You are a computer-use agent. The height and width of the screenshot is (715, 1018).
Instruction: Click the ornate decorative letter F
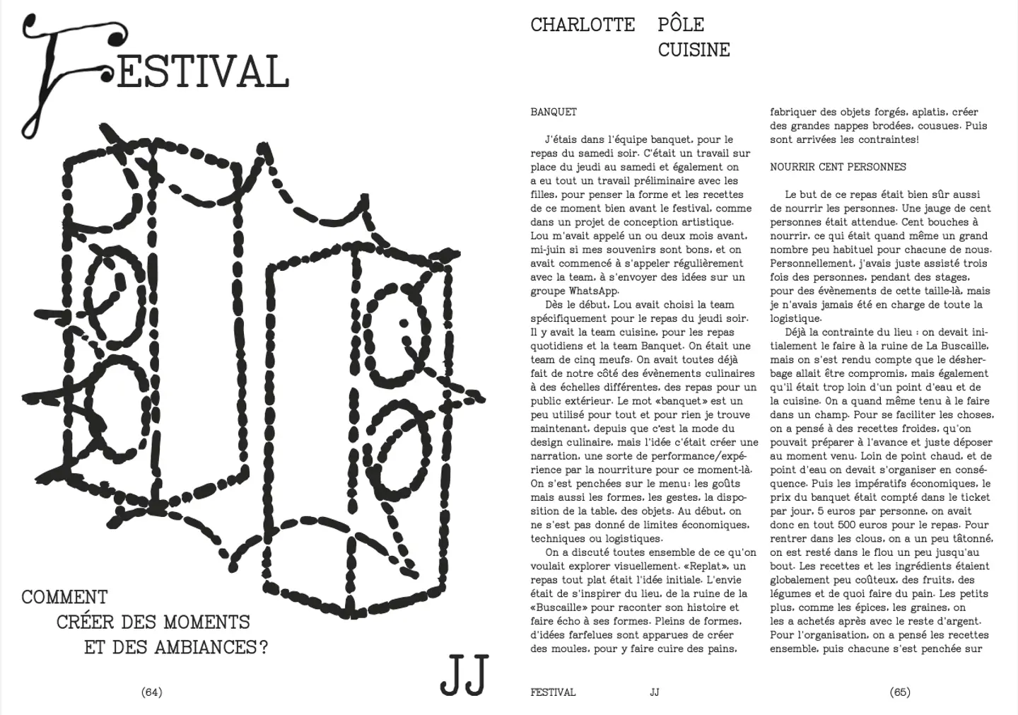coord(64,71)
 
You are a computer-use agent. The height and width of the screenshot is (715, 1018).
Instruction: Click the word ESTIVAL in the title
coord(203,71)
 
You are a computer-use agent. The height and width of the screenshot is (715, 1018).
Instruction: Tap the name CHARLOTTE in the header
coord(583,25)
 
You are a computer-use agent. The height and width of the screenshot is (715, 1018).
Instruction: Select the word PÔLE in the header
coord(681,25)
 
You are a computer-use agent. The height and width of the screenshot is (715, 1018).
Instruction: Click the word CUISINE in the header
coord(694,50)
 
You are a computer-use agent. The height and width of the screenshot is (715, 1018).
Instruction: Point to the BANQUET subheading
coord(554,112)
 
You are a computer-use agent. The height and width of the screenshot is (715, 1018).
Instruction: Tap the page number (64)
coord(152,692)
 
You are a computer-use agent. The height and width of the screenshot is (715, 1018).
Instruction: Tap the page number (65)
coord(900,692)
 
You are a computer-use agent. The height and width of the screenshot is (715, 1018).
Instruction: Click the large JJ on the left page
coord(464,675)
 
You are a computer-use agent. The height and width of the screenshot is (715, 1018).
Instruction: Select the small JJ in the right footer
coord(654,692)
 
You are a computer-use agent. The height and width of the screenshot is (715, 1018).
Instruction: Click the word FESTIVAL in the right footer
coord(553,692)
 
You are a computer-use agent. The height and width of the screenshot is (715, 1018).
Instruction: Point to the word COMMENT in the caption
coord(64,598)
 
